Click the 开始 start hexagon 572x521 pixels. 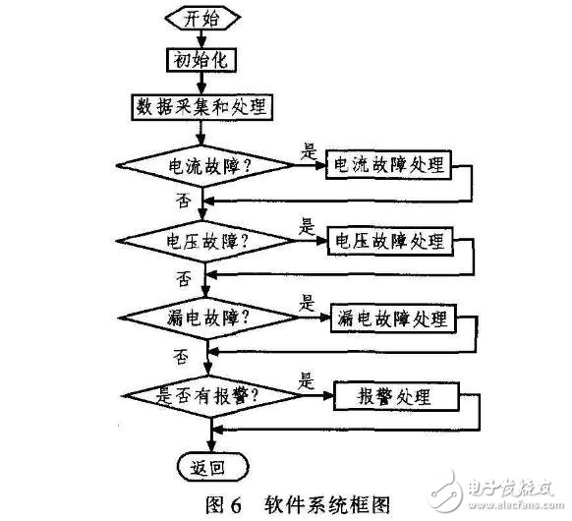click(202, 18)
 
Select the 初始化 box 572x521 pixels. click(201, 60)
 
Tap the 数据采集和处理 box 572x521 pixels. click(201, 107)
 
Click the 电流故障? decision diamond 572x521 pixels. click(205, 166)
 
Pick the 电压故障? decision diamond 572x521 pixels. click(205, 241)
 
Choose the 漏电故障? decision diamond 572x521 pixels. click(209, 318)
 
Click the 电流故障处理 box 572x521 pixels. click(388, 165)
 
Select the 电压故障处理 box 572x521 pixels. click(390, 241)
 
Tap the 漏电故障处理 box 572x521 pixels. click(393, 318)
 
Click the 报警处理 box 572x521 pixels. click(396, 396)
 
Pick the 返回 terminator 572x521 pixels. click(212, 467)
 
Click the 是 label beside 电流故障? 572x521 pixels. click(309, 151)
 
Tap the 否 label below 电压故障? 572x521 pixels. click(184, 278)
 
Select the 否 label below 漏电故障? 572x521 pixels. click(181, 356)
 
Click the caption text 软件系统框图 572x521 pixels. click(327, 504)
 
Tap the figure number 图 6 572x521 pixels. click(224, 504)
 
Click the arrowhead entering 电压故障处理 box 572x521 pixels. click(321, 241)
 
